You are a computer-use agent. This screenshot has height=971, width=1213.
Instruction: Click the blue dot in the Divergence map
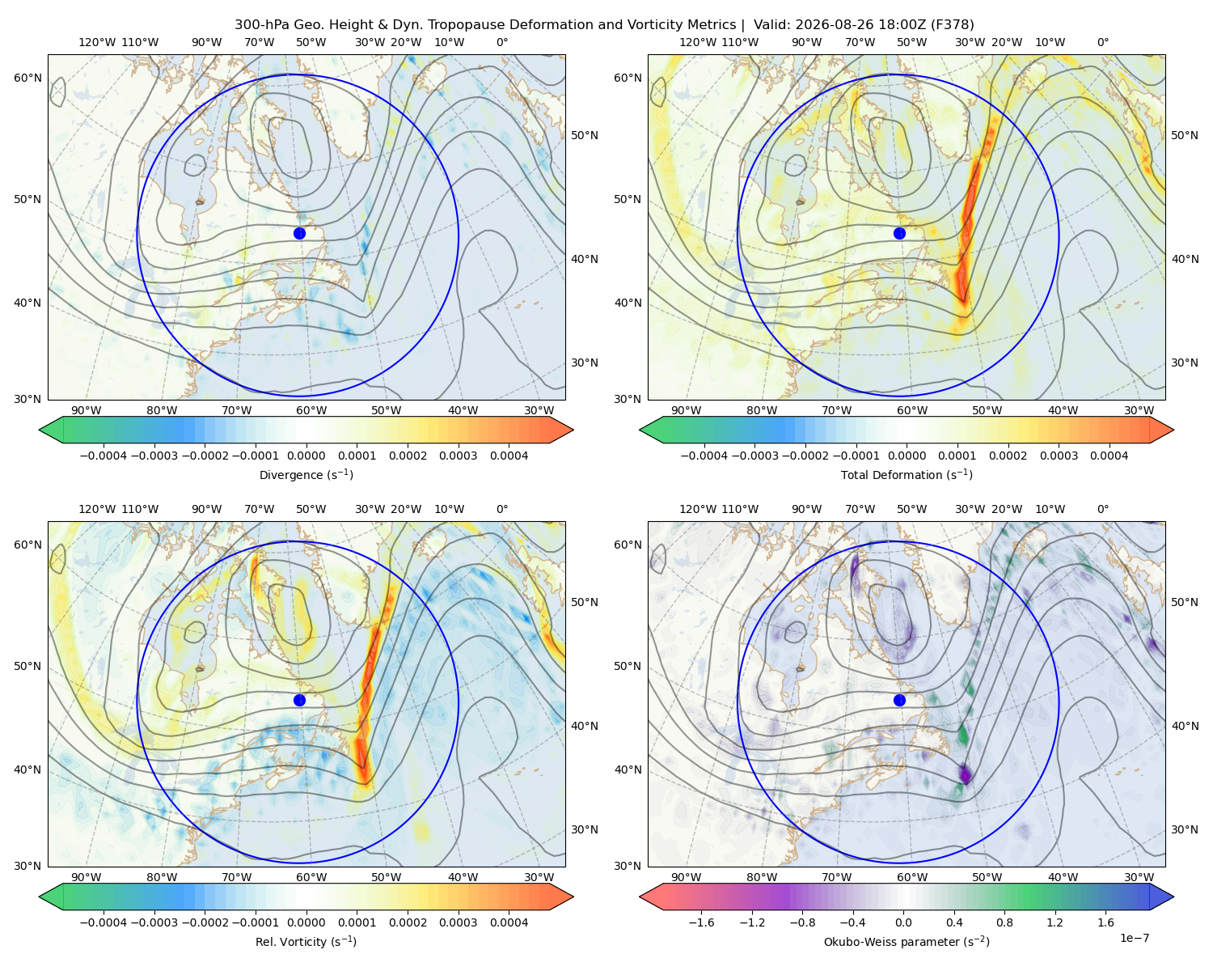click(x=299, y=233)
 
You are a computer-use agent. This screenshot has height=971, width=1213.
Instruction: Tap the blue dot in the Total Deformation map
click(x=899, y=233)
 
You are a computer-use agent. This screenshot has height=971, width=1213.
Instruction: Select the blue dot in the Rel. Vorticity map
click(x=299, y=700)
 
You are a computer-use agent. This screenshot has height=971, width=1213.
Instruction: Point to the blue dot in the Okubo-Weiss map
click(x=899, y=700)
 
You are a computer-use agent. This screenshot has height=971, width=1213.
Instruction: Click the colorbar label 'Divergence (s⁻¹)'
click(x=306, y=474)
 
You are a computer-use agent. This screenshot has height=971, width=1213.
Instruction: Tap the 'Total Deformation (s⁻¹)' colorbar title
click(x=907, y=474)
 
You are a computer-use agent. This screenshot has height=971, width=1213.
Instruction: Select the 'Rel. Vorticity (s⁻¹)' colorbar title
click(x=306, y=942)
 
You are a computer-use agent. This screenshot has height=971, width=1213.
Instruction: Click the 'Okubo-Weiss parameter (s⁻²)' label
click(x=907, y=942)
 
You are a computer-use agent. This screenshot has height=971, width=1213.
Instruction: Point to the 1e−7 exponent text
click(x=1134, y=938)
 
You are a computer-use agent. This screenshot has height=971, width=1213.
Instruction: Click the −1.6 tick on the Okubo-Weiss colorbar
click(x=701, y=922)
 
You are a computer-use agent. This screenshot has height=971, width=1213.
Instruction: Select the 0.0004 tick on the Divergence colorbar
click(x=509, y=456)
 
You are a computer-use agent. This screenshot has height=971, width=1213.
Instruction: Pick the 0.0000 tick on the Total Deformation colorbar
click(x=907, y=456)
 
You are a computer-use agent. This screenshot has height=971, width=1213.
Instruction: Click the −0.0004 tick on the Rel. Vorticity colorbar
click(x=104, y=922)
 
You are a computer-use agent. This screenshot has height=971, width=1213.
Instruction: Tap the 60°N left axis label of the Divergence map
click(x=27, y=78)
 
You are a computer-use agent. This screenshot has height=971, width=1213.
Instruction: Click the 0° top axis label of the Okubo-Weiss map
click(x=1102, y=509)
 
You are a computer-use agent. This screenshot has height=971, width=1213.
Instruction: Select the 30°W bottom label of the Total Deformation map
click(x=1139, y=410)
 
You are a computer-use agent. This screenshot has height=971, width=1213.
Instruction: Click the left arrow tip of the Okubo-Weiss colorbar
click(x=640, y=897)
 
